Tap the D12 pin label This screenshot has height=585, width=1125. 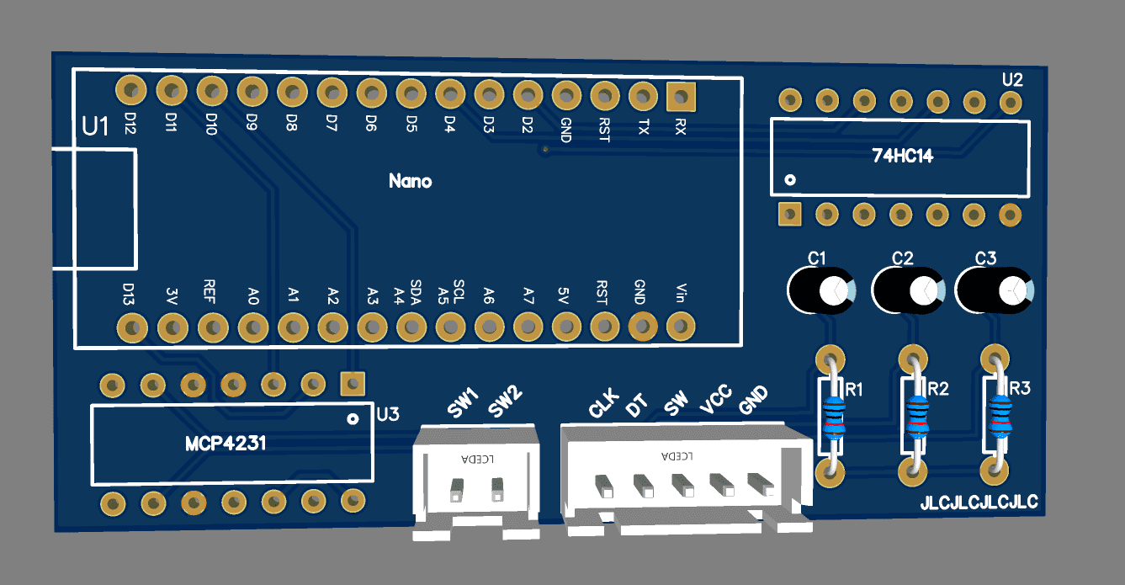(130, 125)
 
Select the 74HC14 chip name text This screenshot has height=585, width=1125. (903, 156)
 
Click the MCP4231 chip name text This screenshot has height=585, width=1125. (226, 443)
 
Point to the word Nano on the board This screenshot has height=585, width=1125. (411, 181)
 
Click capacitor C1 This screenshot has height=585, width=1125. (820, 290)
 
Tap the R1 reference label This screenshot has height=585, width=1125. (856, 390)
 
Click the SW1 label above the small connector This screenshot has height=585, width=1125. (463, 402)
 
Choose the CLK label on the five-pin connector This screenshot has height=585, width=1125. (604, 404)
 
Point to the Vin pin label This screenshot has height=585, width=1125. (680, 294)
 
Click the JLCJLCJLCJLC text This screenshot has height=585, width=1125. (979, 503)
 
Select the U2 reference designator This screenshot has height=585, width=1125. (1012, 80)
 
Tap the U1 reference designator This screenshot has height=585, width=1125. (96, 127)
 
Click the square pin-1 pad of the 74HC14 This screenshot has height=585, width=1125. (789, 215)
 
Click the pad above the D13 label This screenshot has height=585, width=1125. (130, 326)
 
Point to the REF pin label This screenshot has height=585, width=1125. (210, 290)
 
